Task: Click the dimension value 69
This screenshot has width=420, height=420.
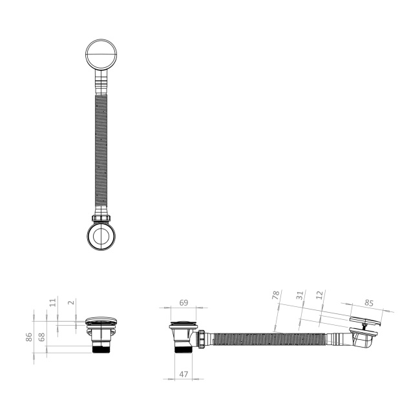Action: pyautogui.click(x=184, y=302)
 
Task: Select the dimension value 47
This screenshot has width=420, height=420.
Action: pyautogui.click(x=184, y=374)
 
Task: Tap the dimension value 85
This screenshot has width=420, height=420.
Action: pyautogui.click(x=369, y=303)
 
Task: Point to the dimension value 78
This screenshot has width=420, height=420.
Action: pyautogui.click(x=276, y=295)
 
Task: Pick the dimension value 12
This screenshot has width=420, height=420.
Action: pyautogui.click(x=320, y=295)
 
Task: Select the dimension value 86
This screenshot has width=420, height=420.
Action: pyautogui.click(x=29, y=337)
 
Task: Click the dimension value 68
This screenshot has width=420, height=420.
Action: pyautogui.click(x=42, y=337)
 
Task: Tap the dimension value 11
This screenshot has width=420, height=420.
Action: pyautogui.click(x=53, y=302)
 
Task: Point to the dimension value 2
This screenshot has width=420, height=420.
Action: pyautogui.click(x=71, y=302)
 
